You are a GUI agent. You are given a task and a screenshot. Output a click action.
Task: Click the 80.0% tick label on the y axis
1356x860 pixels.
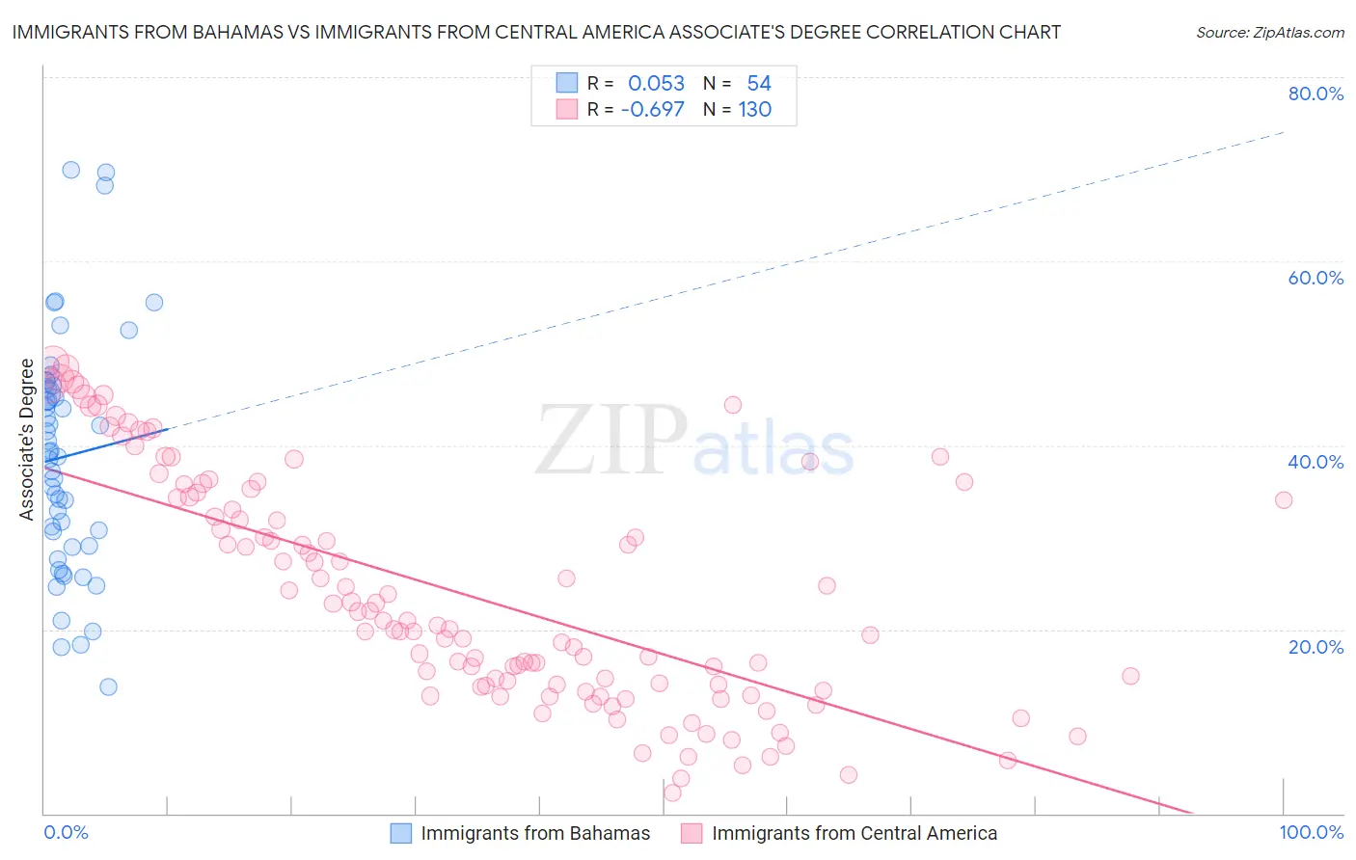click(x=1315, y=94)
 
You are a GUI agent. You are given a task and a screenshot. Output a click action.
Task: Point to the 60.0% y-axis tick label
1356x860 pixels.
click(x=1315, y=278)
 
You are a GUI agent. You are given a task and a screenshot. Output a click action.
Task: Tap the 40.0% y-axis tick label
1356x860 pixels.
click(x=1315, y=462)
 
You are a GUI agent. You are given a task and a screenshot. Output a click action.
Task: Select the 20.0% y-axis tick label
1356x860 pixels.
click(x=1315, y=646)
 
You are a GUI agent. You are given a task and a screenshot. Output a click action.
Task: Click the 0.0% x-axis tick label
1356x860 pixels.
click(x=66, y=832)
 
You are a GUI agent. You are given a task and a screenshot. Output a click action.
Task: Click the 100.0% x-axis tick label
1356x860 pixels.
click(x=1311, y=832)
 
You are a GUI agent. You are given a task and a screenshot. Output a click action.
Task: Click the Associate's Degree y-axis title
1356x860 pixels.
click(x=27, y=440)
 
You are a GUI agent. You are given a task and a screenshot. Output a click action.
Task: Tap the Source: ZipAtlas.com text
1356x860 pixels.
click(x=1269, y=33)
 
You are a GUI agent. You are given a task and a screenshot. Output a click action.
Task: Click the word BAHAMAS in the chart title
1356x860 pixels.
click(x=234, y=33)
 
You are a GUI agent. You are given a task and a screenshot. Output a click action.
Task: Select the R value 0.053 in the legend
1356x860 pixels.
click(x=656, y=84)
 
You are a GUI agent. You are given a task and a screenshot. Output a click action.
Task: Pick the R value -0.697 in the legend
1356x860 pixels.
click(x=653, y=110)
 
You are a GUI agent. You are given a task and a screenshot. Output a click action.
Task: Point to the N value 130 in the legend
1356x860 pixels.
click(x=755, y=110)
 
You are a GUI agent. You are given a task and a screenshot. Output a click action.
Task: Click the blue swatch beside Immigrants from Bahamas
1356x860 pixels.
click(x=400, y=833)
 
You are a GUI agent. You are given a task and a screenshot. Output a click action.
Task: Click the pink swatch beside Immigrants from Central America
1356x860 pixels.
click(x=692, y=833)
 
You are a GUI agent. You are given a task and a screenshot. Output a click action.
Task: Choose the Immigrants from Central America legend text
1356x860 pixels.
click(x=854, y=833)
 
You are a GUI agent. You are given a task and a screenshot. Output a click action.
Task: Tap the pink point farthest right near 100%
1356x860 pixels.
click(x=1283, y=499)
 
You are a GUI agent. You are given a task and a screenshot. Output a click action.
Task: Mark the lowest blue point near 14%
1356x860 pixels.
click(x=108, y=686)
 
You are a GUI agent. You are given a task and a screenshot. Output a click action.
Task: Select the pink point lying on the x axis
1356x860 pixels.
click(x=672, y=793)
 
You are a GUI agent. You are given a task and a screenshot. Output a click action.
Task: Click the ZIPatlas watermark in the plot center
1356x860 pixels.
click(x=694, y=441)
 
